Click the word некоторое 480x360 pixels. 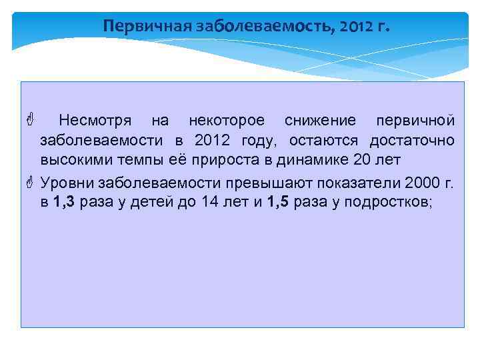pyautogui.click(x=227, y=121)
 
